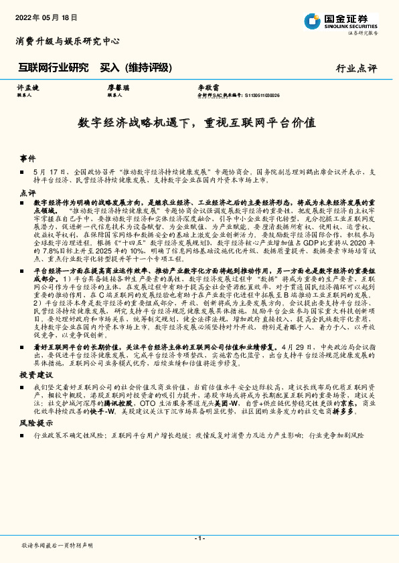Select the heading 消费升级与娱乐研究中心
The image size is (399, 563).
pyautogui.click(x=68, y=41)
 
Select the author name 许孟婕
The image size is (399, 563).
pyautogui.click(x=27, y=88)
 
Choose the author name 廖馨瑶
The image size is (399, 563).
pyautogui.click(x=118, y=88)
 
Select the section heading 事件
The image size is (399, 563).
pyautogui.click(x=27, y=158)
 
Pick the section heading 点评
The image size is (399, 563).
pyautogui.click(x=27, y=192)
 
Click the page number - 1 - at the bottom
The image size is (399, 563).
pyautogui.click(x=199, y=539)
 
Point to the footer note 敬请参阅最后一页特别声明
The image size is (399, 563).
pyautogui.click(x=58, y=546)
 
